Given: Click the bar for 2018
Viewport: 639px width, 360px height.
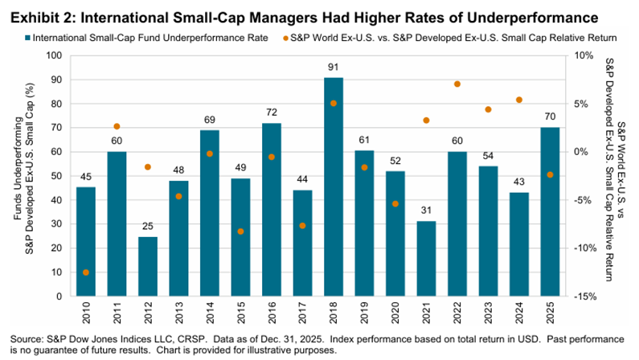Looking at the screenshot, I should click(x=333, y=186).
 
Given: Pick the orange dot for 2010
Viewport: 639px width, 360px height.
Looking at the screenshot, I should click(x=86, y=272).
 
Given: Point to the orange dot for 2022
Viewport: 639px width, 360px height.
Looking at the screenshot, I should click(x=457, y=84).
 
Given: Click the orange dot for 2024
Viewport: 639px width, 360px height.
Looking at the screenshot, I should click(x=519, y=100).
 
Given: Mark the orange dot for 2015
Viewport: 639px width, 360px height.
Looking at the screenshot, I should click(x=240, y=231).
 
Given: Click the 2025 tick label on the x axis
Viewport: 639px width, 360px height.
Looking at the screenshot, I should click(x=551, y=311).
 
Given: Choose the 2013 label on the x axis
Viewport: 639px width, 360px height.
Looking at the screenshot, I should click(x=178, y=311).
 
